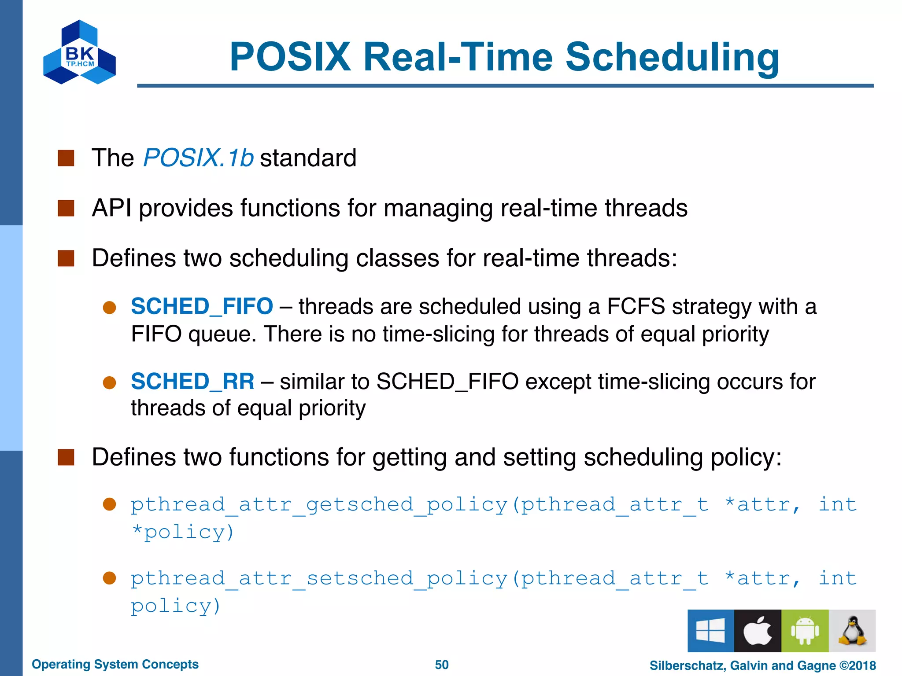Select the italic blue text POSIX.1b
198,158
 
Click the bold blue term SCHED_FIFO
202,306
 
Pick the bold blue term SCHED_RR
192,381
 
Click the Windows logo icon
710,630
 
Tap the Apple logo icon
758,630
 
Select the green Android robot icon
805,630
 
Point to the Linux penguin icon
852,630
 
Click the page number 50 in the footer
442,665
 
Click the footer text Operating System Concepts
115,664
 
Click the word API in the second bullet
111,208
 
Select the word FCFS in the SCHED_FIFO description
636,306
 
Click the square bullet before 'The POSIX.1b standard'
66,158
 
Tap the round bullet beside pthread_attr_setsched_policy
109,578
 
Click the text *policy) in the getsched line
182,532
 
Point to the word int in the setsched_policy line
837,578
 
